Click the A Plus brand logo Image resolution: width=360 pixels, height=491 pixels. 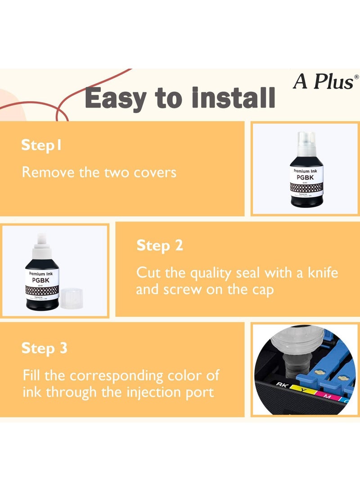click(324, 81)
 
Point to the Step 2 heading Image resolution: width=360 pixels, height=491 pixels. click(160, 246)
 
